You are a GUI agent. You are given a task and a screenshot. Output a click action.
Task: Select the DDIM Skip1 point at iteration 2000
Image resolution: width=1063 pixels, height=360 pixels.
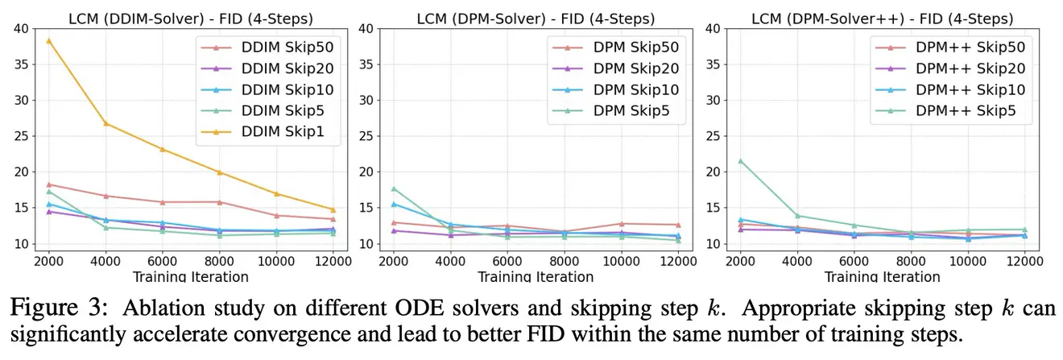(x=49, y=40)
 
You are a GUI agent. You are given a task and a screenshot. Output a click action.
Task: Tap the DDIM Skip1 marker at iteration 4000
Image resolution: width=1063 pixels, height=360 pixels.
(x=105, y=123)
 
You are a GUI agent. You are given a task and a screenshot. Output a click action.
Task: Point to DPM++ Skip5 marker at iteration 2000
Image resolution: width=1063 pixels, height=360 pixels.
(x=740, y=160)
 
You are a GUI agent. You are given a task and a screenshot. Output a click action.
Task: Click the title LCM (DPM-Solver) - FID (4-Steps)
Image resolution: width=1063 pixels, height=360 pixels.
(x=536, y=18)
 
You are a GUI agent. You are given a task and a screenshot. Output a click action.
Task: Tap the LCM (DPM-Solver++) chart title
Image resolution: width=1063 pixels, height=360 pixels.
(x=882, y=18)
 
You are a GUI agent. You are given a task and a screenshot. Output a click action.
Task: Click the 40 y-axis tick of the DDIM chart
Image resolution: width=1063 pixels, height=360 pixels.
(x=20, y=29)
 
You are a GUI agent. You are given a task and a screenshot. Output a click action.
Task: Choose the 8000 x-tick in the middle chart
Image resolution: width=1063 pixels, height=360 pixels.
(x=564, y=263)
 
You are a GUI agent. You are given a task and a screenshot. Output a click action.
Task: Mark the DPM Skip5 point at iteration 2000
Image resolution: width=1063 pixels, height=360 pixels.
(x=394, y=188)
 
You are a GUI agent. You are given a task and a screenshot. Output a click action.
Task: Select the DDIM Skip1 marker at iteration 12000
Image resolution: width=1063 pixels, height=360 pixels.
(x=333, y=209)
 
